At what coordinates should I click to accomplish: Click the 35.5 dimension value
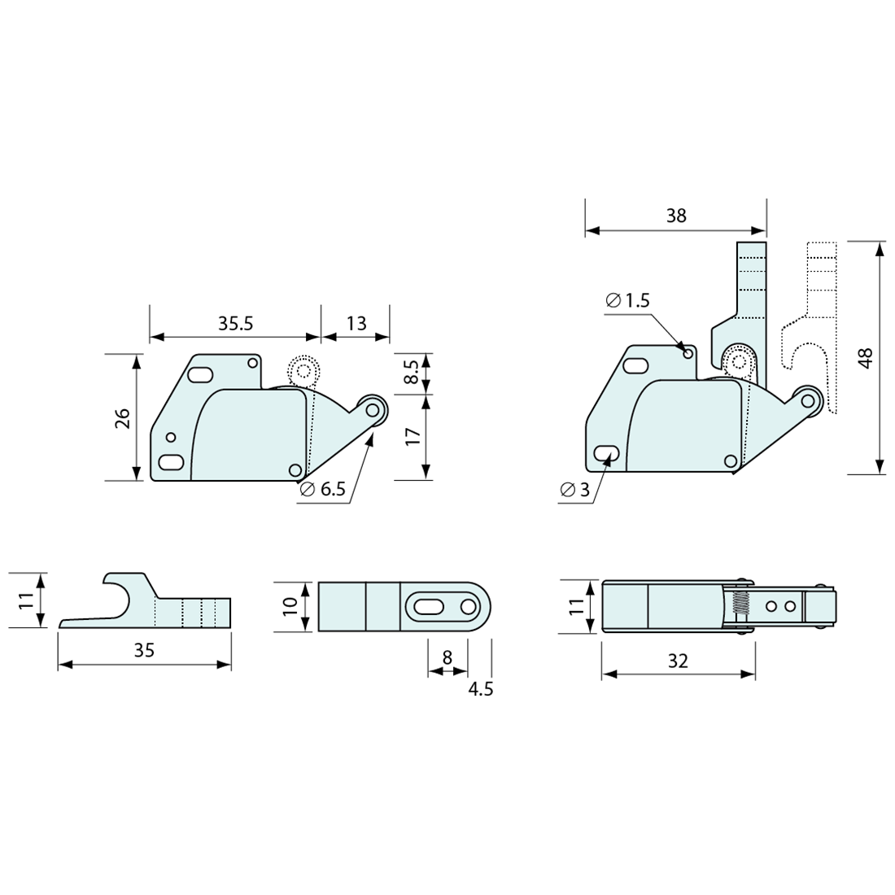235,324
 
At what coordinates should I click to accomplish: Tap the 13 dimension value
356,324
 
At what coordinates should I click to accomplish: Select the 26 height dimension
124,418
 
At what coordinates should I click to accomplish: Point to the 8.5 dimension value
413,372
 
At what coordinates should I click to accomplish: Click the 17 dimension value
413,436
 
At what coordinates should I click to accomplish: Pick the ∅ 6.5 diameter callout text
322,489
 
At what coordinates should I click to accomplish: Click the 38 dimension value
676,216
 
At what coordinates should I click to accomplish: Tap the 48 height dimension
866,359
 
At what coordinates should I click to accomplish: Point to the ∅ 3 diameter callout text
574,490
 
